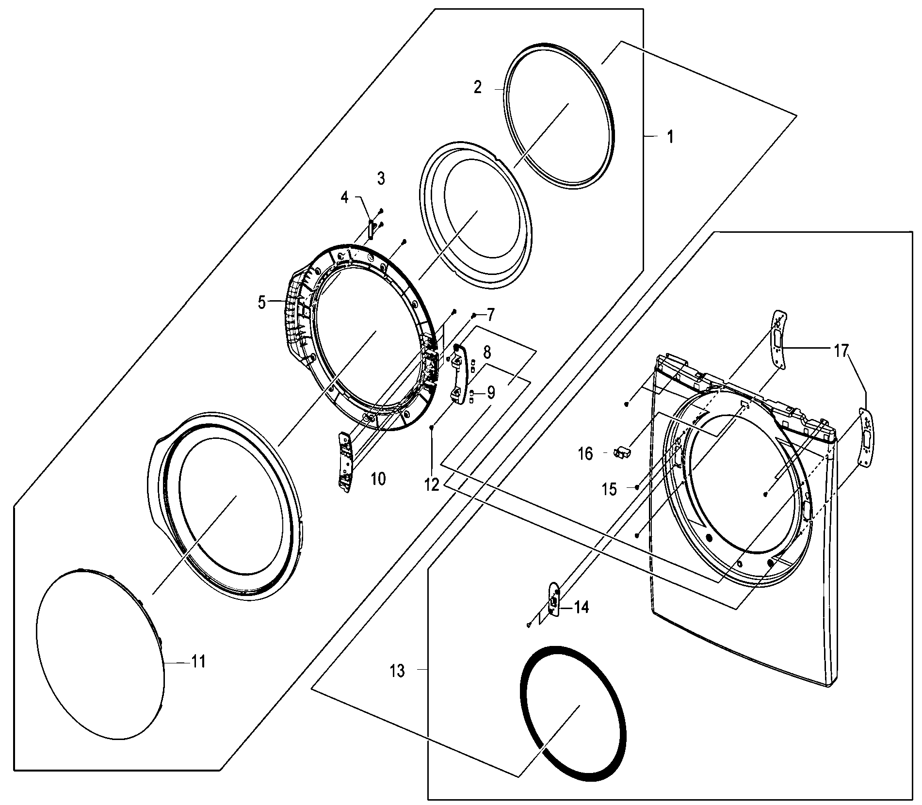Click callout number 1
point(670,137)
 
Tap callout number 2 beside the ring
point(478,88)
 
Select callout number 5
point(262,303)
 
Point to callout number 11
point(198,661)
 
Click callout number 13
point(397,671)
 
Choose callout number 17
point(841,350)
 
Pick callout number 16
point(585,454)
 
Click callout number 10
point(378,479)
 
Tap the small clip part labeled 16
point(621,452)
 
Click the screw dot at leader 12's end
point(432,427)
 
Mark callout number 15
point(609,490)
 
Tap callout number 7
point(490,315)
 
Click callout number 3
point(381,178)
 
